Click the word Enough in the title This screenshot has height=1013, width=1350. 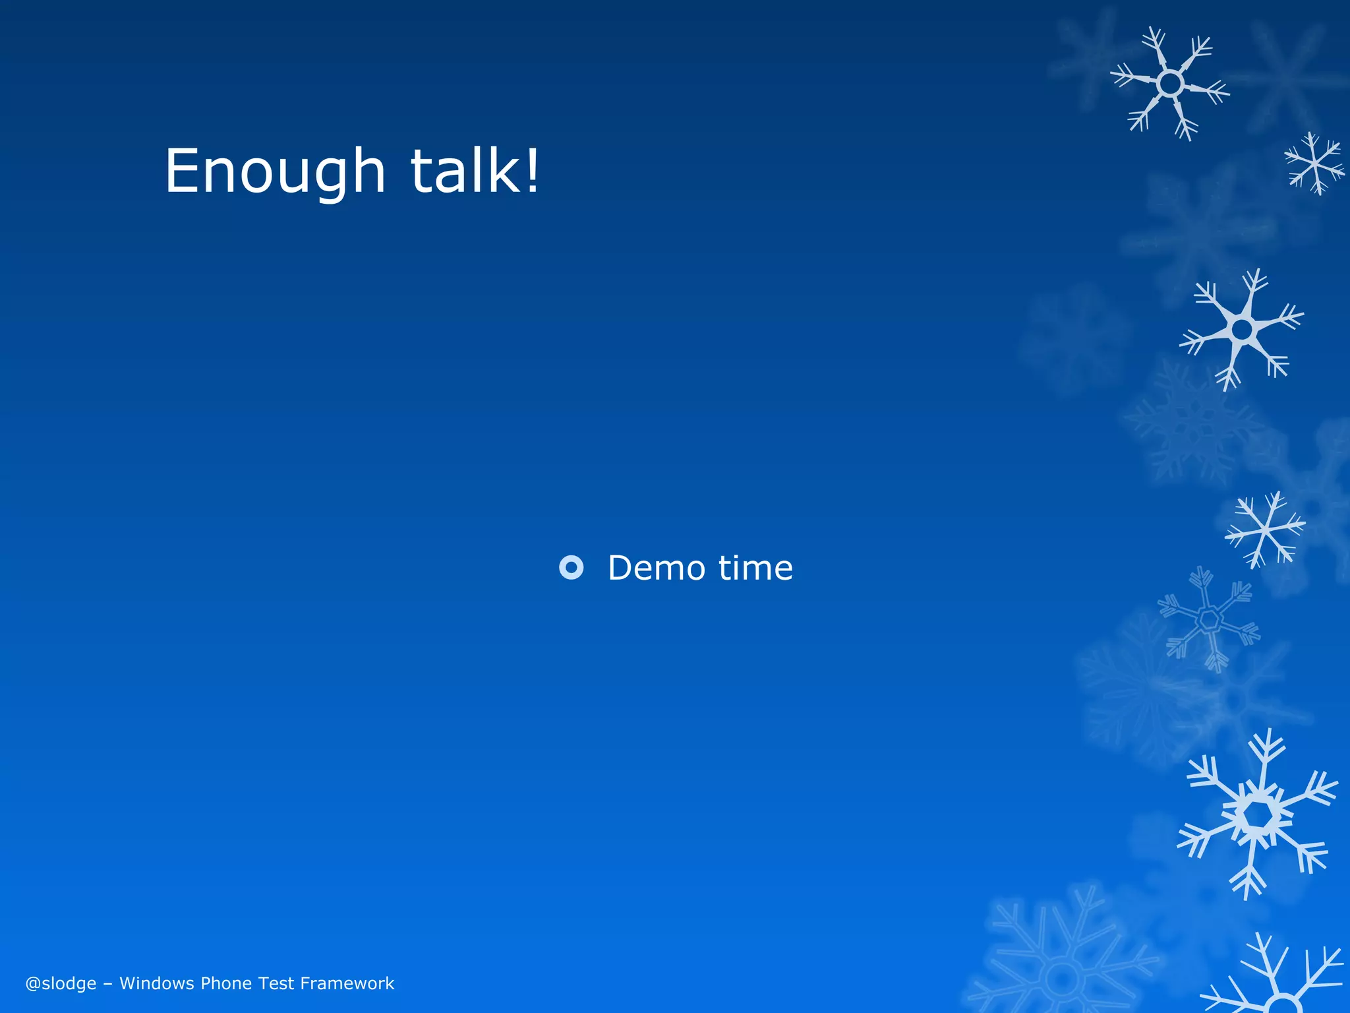274,171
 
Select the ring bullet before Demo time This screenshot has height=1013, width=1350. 571,567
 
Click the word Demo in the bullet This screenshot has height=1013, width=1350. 657,568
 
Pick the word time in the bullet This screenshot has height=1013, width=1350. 755,568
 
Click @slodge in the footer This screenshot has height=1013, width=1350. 61,983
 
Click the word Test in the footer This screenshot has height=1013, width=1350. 276,983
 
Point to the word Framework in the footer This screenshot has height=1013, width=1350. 347,983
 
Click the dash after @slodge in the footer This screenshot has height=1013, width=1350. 108,984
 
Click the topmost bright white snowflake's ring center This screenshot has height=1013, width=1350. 1171,84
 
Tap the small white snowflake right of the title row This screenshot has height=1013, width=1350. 1314,164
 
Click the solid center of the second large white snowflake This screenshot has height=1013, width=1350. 1242,329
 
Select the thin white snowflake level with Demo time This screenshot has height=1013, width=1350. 1264,529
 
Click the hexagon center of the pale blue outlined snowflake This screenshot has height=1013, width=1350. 1210,619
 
